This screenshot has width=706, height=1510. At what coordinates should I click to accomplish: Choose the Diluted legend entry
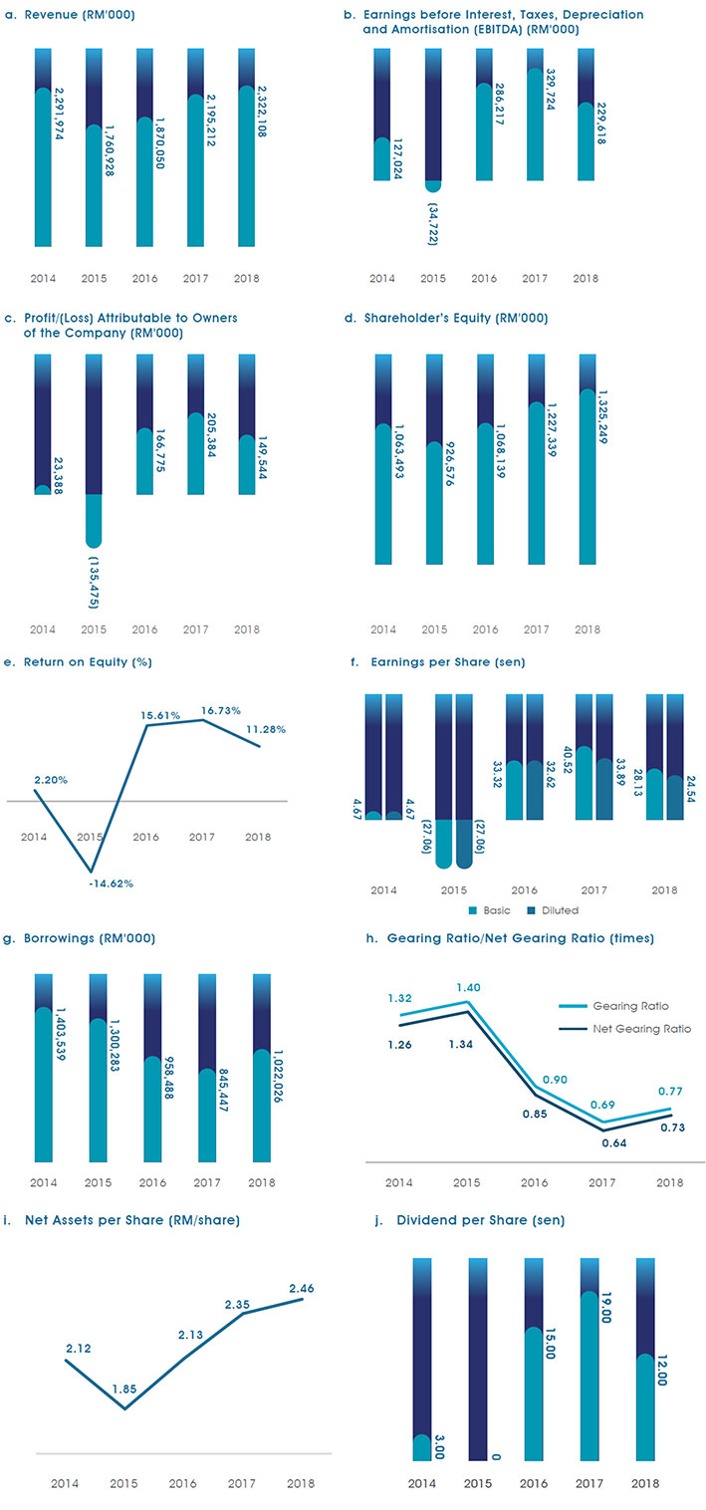(553, 909)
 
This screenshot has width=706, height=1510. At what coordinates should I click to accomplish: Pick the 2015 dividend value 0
(495, 1457)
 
